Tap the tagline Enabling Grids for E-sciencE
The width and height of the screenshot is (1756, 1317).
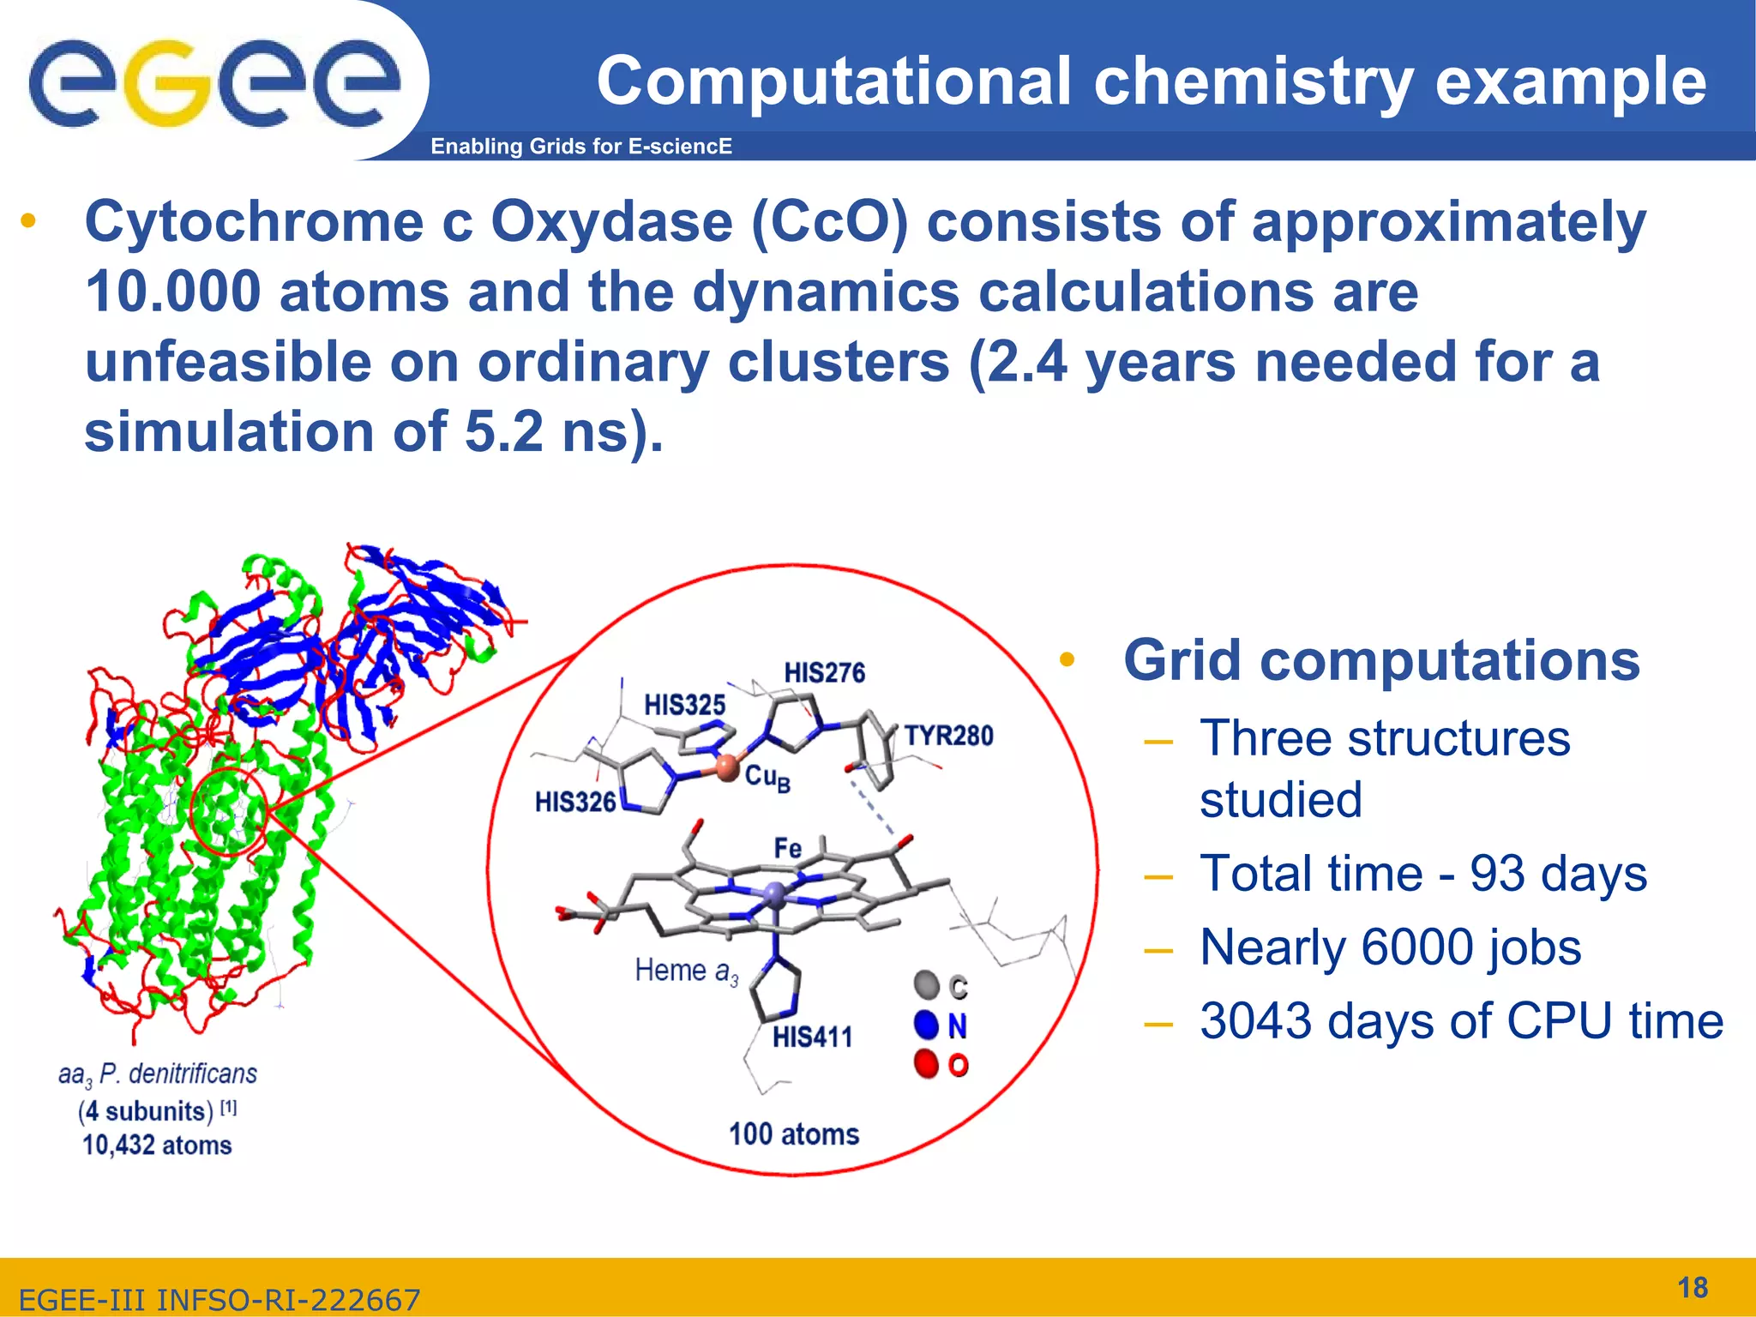[x=580, y=147]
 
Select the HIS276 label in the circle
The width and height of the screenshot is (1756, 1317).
[x=824, y=673]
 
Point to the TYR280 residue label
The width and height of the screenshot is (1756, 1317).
[x=948, y=736]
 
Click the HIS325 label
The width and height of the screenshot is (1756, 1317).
[x=684, y=706]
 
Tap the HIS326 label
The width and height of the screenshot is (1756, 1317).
[x=575, y=803]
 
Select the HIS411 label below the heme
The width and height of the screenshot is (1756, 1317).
[x=812, y=1037]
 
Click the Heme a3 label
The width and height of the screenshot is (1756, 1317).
[x=686, y=971]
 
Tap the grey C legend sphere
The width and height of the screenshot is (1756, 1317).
[x=927, y=985]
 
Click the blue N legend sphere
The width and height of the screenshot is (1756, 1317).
[x=927, y=1025]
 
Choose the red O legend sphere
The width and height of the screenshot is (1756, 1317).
[x=927, y=1064]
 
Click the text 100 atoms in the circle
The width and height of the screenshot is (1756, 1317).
[x=793, y=1134]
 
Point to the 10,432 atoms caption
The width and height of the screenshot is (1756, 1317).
[x=157, y=1146]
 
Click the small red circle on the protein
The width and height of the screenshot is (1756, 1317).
[x=228, y=811]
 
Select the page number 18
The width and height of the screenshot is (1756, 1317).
[x=1692, y=1288]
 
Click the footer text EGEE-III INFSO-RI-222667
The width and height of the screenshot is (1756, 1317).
[x=219, y=1300]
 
